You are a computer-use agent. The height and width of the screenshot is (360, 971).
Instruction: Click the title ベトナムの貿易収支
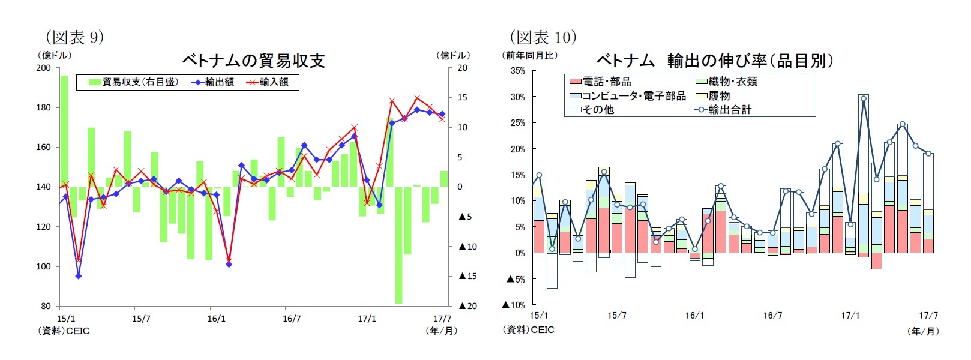(253, 61)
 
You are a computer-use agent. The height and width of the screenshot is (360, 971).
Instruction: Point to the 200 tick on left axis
(43, 68)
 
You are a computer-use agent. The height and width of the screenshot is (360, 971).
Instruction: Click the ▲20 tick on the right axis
(467, 306)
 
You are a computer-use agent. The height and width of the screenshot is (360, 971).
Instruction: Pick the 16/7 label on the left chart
(292, 319)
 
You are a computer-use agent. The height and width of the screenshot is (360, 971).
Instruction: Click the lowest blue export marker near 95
(79, 276)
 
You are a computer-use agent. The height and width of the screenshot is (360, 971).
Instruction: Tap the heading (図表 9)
(74, 37)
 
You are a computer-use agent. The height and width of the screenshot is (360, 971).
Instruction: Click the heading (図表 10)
(543, 37)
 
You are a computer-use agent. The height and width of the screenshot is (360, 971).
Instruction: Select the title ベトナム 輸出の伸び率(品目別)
(714, 61)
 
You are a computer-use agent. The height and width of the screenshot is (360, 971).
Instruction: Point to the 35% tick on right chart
(517, 71)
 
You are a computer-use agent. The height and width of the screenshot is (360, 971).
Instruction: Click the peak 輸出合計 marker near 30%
(864, 98)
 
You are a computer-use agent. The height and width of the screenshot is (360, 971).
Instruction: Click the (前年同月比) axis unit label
(529, 55)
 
